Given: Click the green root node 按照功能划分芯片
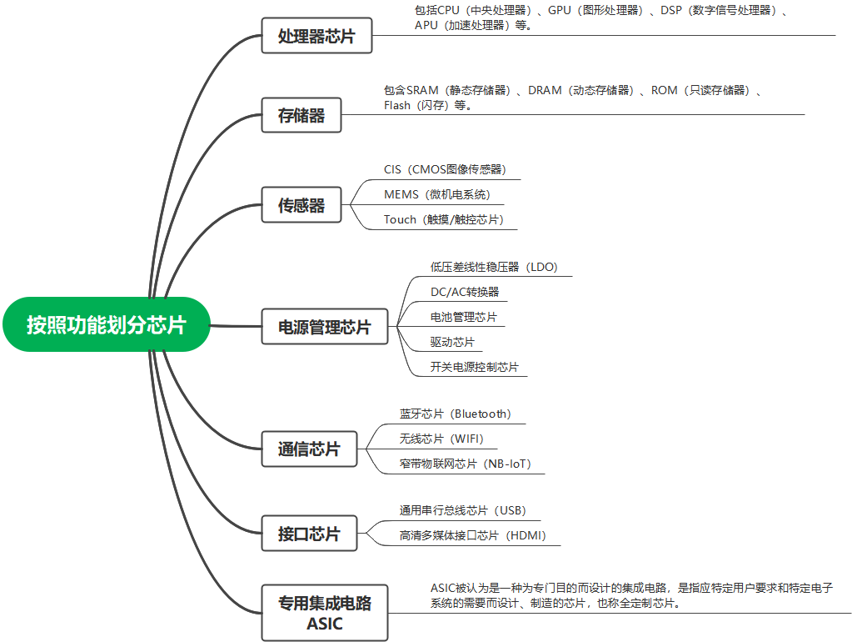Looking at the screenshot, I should click(x=106, y=324).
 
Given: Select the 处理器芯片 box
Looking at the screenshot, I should click(x=316, y=37).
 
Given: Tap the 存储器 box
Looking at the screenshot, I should click(x=301, y=116).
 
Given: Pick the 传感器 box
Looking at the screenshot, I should click(x=301, y=205).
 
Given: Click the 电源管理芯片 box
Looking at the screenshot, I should click(x=324, y=327).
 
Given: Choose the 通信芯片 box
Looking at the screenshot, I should click(x=309, y=449).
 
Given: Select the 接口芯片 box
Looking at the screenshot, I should click(x=309, y=534).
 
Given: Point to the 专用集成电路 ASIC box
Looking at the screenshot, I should click(x=324, y=613).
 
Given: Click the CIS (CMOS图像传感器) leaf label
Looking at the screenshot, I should click(x=445, y=169).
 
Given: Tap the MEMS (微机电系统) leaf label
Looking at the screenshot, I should click(x=436, y=194).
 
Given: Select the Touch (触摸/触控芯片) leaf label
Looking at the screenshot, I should click(x=444, y=219).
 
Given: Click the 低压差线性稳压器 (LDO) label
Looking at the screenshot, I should click(x=493, y=267).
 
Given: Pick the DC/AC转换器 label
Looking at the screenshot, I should click(x=465, y=292).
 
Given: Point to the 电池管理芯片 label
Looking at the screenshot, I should click(x=463, y=317).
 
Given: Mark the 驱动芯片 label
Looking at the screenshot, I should click(x=452, y=342).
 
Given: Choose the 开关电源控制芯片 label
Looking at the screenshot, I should click(x=474, y=367).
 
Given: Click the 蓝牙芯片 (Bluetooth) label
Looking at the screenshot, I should click(x=455, y=414).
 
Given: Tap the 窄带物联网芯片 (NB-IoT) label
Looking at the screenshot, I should click(x=465, y=464).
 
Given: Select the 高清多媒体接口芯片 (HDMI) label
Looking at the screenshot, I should click(x=472, y=535).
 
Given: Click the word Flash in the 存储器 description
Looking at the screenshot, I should click(x=397, y=106).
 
